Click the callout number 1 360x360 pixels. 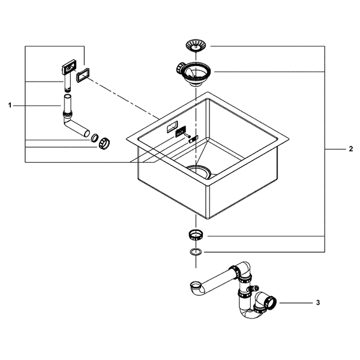(x=10, y=106)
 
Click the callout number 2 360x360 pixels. (x=350, y=149)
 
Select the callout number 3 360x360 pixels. (x=318, y=302)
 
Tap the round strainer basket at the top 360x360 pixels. (x=196, y=46)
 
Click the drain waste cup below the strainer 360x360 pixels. (x=193, y=73)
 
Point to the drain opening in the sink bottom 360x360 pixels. (x=198, y=170)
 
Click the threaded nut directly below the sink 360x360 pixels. (x=196, y=235)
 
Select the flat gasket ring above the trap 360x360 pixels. (x=196, y=252)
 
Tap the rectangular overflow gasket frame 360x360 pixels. (x=83, y=75)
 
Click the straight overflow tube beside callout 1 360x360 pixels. (x=67, y=103)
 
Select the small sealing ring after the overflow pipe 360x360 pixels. (x=94, y=138)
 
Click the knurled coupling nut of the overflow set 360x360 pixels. (x=104, y=143)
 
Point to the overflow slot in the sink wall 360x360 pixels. (x=172, y=127)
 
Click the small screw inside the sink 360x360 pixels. (x=187, y=136)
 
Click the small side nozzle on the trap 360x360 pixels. (x=254, y=287)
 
